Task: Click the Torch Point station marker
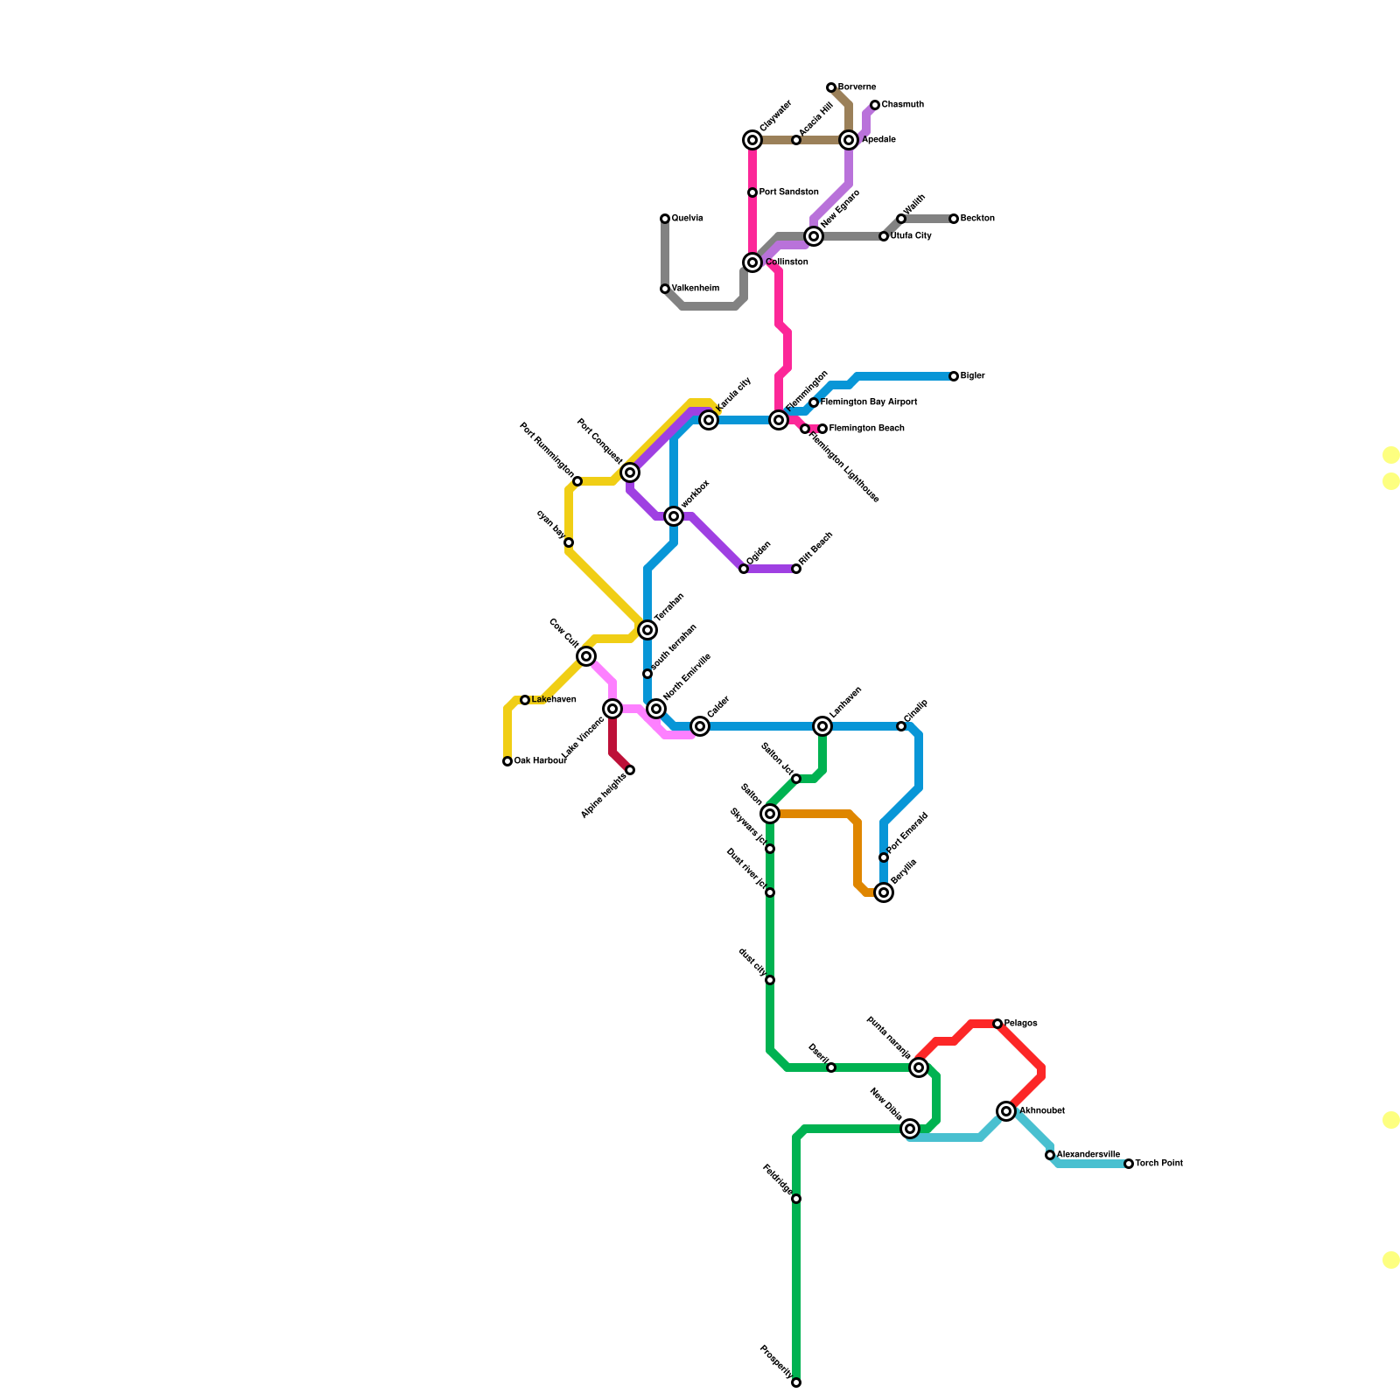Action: tap(1129, 1164)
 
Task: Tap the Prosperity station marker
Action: tap(796, 1382)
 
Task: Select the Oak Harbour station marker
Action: tap(507, 761)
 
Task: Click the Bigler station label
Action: tap(972, 376)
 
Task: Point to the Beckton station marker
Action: tap(954, 219)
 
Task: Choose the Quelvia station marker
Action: tap(665, 219)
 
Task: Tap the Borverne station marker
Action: tap(831, 87)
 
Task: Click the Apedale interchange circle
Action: tap(849, 140)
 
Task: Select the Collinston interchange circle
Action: tap(752, 262)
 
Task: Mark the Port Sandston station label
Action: tap(788, 192)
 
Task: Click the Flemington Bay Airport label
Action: tap(868, 402)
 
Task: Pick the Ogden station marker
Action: tap(744, 569)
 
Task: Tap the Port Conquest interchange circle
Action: tap(630, 472)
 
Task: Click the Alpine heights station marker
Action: tap(630, 770)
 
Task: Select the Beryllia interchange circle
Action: tap(884, 892)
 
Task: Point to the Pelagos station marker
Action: tap(997, 1024)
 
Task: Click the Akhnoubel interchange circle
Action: tap(1006, 1111)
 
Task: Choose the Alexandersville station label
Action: tap(1088, 1155)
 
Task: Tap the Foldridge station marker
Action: tap(796, 1199)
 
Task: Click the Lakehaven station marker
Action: tap(525, 700)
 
